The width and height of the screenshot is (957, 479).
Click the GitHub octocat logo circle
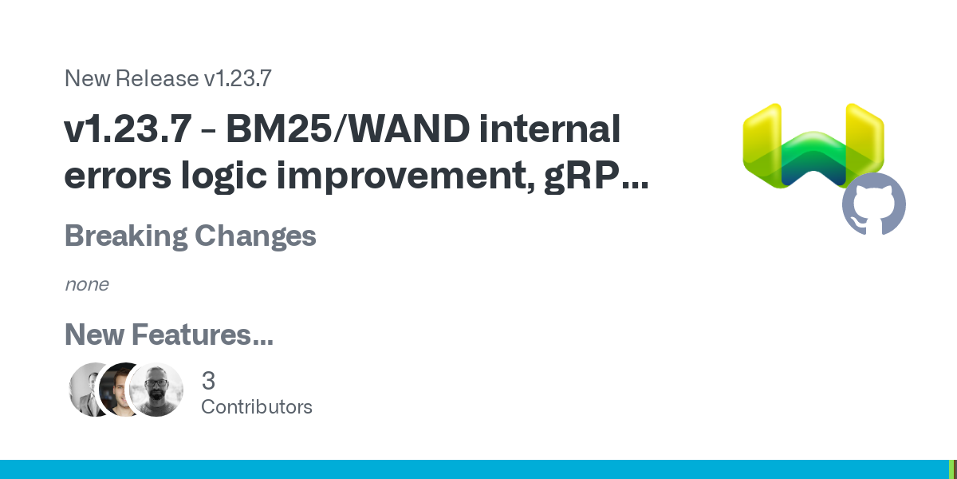874,204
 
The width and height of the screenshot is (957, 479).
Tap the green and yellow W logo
813,145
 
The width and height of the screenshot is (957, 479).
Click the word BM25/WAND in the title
348,129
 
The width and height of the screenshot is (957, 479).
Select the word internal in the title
549,129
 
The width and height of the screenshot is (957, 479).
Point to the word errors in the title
118,176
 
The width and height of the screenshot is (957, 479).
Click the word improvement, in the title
405,176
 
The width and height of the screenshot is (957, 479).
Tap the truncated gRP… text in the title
597,176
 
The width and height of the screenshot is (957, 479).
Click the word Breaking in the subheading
126,236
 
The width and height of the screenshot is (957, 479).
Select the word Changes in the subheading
255,236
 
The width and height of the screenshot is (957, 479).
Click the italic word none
87,285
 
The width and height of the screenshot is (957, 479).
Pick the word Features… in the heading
203,335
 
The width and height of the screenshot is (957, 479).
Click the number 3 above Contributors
208,381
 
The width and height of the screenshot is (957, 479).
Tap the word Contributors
257,407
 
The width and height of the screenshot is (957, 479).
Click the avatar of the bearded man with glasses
156,390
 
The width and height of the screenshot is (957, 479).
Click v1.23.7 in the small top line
238,79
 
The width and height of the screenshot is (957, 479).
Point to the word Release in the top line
157,79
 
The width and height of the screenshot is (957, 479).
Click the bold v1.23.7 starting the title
128,129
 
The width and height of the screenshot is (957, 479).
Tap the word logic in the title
224,176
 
